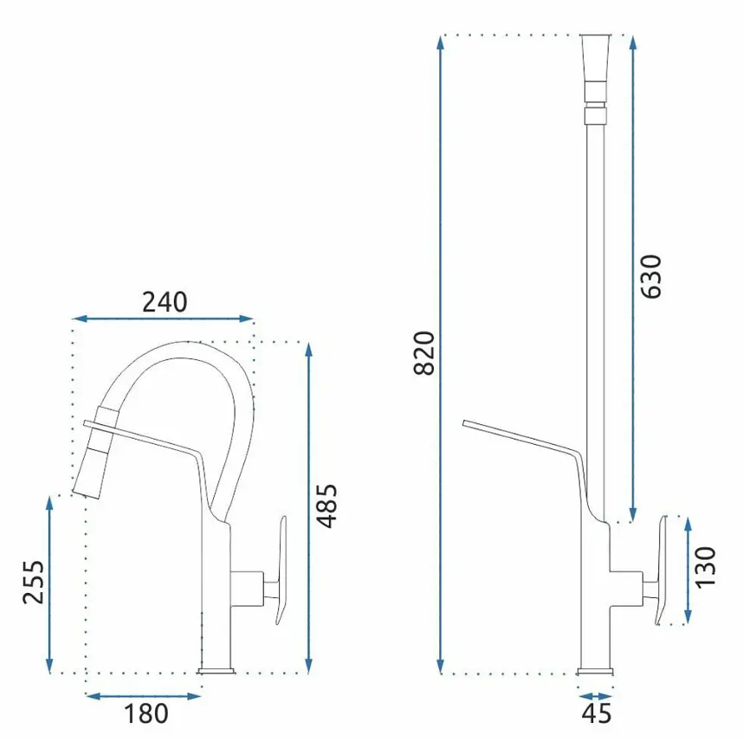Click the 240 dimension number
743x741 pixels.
click(165, 302)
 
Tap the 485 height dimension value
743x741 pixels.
click(327, 506)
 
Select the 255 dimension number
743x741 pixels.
click(33, 582)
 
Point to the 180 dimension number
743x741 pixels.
click(146, 713)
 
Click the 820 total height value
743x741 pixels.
click(424, 353)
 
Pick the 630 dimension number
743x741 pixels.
click(650, 277)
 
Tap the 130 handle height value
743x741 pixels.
click(705, 568)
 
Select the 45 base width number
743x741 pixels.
click(597, 713)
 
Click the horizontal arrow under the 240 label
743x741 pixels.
click(164, 319)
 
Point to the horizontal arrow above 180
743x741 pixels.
click(144, 696)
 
